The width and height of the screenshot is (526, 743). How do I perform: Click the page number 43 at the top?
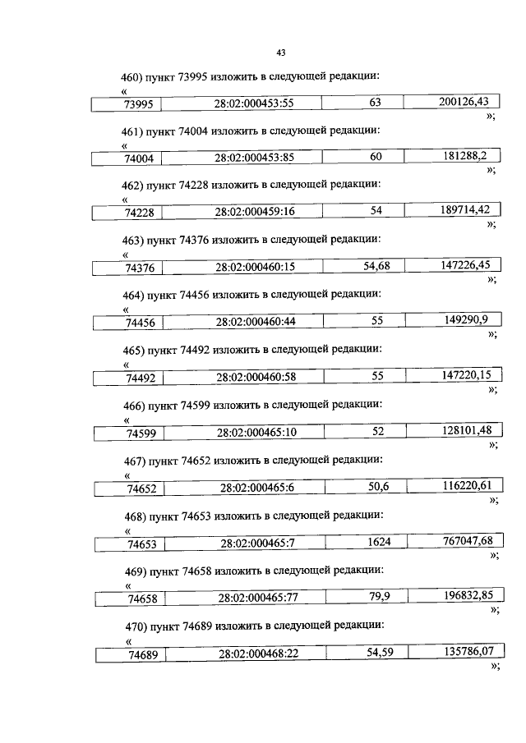[280, 53]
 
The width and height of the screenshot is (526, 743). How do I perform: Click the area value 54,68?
[377, 265]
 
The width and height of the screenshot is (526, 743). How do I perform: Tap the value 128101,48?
[467, 431]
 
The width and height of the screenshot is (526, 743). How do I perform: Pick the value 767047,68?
[467, 541]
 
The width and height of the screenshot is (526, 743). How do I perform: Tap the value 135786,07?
[467, 652]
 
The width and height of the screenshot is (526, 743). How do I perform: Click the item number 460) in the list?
[131, 76]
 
